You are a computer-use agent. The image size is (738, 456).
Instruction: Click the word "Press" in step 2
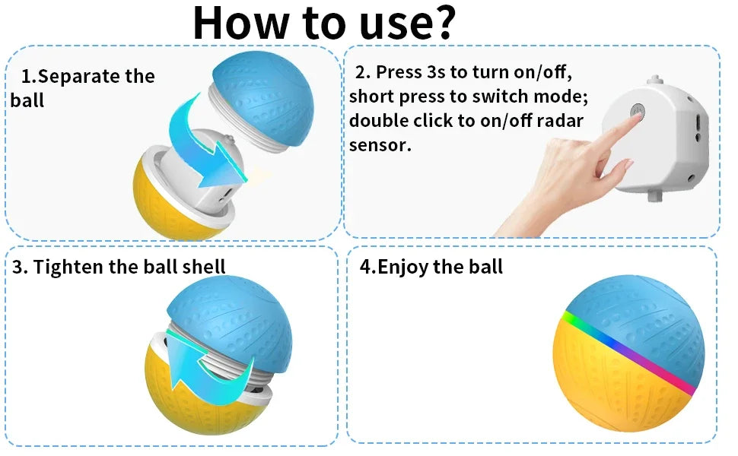[x=400, y=72]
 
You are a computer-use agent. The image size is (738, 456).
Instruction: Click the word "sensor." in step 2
[x=380, y=145]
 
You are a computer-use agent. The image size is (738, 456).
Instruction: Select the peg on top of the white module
[x=655, y=79]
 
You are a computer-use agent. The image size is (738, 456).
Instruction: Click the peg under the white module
[x=655, y=195]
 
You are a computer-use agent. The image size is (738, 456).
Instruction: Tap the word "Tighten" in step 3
[x=68, y=267]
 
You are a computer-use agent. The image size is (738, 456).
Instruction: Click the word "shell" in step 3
[x=204, y=267]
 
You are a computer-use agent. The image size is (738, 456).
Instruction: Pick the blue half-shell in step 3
[x=231, y=320]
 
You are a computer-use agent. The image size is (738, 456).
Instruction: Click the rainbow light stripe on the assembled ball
[x=630, y=352]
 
